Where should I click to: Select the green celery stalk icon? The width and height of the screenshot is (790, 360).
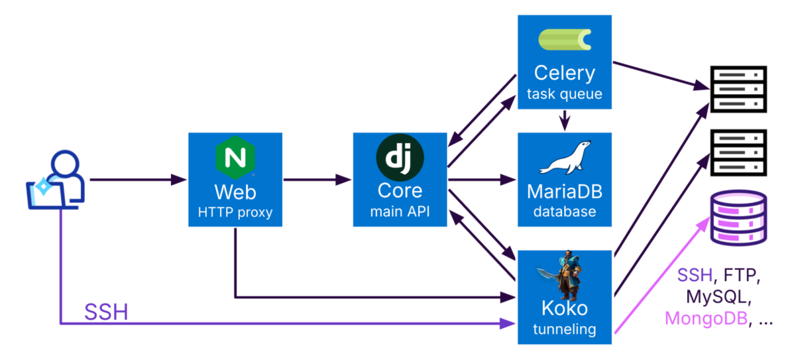tap(565, 40)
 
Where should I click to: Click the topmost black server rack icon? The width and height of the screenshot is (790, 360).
tap(738, 90)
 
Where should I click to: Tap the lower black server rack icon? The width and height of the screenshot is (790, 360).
tap(738, 153)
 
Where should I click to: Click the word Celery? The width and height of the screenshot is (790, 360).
tap(565, 72)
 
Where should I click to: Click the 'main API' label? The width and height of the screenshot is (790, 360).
tap(400, 212)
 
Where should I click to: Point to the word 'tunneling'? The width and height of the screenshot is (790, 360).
tap(565, 329)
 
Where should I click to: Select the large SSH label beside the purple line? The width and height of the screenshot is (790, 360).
tap(106, 312)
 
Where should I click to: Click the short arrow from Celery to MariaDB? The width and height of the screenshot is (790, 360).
tap(564, 120)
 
